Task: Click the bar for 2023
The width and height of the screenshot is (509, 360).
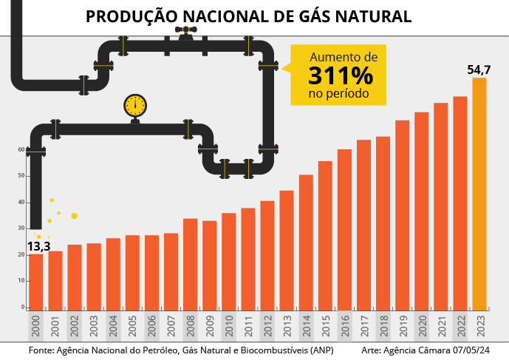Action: click(479, 194)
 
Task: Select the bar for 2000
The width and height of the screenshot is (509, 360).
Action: click(35, 281)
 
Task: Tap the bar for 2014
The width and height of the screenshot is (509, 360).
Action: click(306, 242)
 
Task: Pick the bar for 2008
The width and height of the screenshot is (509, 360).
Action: click(190, 264)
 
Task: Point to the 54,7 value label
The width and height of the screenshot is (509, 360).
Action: click(479, 69)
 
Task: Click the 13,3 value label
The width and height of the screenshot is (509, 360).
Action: click(38, 246)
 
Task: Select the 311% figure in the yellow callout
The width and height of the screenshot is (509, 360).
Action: click(341, 76)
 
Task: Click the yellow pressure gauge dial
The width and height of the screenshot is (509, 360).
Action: click(135, 105)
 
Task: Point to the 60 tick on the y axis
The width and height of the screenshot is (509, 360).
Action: click(21, 149)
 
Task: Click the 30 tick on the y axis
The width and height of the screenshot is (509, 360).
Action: click(21, 228)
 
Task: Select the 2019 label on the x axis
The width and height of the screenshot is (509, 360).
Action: click(402, 325)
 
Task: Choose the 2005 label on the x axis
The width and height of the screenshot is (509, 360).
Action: click(132, 325)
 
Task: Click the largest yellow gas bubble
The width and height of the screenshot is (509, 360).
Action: click(74, 216)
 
